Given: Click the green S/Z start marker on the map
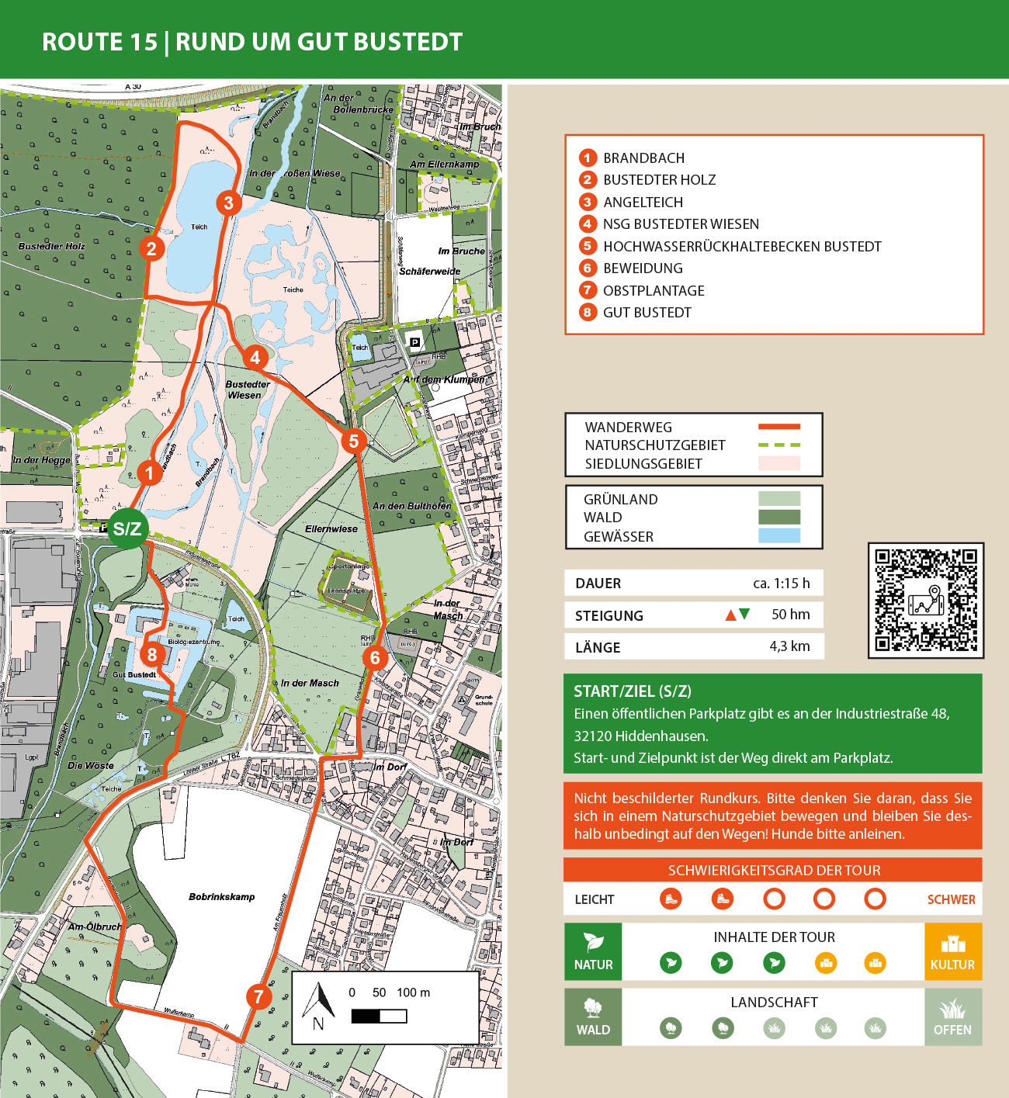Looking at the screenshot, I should click(x=127, y=528).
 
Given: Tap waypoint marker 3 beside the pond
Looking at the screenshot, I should click(x=228, y=203).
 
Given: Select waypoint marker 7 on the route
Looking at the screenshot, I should click(x=259, y=996).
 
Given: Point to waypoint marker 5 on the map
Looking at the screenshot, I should click(x=354, y=442).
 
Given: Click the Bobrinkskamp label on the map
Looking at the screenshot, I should click(x=222, y=897).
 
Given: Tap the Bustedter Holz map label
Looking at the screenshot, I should click(x=52, y=246).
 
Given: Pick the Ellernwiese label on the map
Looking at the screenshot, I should click(x=331, y=529).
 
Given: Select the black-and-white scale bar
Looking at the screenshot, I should click(x=379, y=1016).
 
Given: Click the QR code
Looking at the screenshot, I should click(x=926, y=600).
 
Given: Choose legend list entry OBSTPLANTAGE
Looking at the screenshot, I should click(x=654, y=291).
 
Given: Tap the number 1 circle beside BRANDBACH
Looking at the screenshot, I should click(x=588, y=158).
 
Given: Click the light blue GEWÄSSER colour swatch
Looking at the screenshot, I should click(x=778, y=535).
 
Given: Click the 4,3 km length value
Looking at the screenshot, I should click(x=789, y=646).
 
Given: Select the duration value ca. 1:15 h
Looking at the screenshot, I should click(x=781, y=584).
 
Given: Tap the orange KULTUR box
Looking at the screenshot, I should click(x=952, y=951).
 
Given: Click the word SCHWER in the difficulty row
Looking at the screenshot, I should click(x=951, y=899).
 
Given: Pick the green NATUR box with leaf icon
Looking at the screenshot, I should click(x=593, y=951).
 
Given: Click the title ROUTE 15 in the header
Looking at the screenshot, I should click(x=99, y=42).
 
